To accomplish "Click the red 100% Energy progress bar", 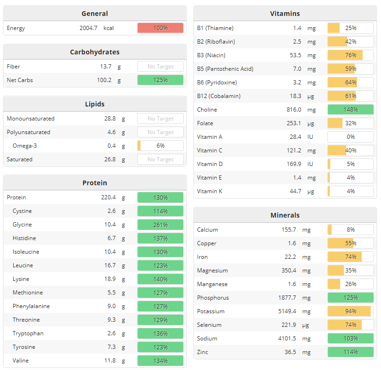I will click(x=160, y=28).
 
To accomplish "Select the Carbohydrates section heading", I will click(x=94, y=52).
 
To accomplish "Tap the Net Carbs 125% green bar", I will click(x=160, y=80).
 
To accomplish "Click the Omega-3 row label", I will click(x=25, y=146).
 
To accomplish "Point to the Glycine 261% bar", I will click(x=160, y=225).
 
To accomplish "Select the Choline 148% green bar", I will click(x=350, y=110).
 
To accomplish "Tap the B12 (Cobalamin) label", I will click(x=218, y=96).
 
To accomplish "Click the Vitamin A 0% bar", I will click(x=350, y=137).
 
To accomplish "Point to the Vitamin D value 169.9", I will click(x=294, y=164).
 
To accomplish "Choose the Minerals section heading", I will click(x=285, y=215).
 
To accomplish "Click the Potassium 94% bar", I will click(x=350, y=311).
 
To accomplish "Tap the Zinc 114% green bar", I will click(x=350, y=352).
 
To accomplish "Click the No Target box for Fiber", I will click(x=160, y=67).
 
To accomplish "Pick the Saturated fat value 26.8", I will click(x=110, y=159).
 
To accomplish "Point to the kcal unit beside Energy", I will click(x=109, y=28).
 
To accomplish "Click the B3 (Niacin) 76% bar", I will click(x=350, y=55).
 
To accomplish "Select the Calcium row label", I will click(x=207, y=230).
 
